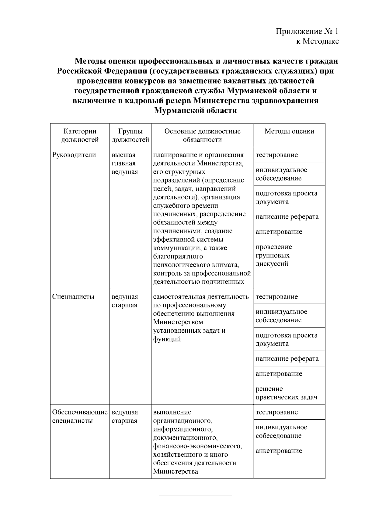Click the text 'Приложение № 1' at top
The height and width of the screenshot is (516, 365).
tap(307, 32)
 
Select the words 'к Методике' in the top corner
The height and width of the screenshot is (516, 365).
tap(318, 41)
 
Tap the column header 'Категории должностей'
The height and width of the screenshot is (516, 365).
tap(80, 135)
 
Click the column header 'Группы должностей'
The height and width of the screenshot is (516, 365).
tap(130, 135)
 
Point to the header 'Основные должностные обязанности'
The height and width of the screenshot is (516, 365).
tap(202, 135)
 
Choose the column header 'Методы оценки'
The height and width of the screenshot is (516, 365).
tap(289, 131)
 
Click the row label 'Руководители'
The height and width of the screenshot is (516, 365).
tap(74, 155)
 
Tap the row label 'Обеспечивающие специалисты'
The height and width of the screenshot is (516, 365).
tap(80, 417)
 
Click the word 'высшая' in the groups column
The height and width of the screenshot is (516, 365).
tap(123, 155)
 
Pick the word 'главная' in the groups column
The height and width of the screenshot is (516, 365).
tap(123, 163)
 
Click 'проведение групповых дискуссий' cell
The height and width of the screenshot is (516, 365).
tap(274, 255)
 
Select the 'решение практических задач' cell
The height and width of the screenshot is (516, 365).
tap(286, 393)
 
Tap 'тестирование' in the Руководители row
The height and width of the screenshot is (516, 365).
tap(276, 155)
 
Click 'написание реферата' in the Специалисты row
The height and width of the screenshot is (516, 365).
tap(287, 358)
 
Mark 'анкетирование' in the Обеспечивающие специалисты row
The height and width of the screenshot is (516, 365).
tap(279, 451)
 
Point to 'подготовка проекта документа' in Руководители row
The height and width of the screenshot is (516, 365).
tap(286, 198)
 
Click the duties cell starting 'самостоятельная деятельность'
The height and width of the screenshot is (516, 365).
tap(201, 318)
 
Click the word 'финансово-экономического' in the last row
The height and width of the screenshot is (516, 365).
tap(198, 446)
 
